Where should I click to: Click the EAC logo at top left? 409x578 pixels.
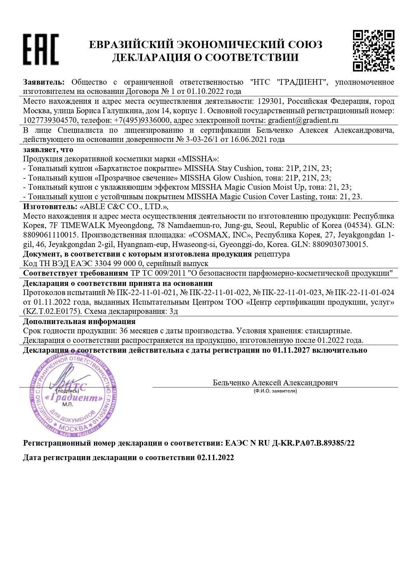(41, 49)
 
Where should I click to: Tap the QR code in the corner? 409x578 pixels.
(373, 50)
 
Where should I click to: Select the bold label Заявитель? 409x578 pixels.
(44, 82)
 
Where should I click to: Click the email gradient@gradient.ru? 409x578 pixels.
(303, 120)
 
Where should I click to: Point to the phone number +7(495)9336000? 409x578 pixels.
(142, 120)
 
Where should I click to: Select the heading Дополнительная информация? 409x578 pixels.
(79, 321)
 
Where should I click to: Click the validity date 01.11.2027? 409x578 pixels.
(291, 350)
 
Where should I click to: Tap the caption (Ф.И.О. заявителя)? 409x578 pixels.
(275, 391)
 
